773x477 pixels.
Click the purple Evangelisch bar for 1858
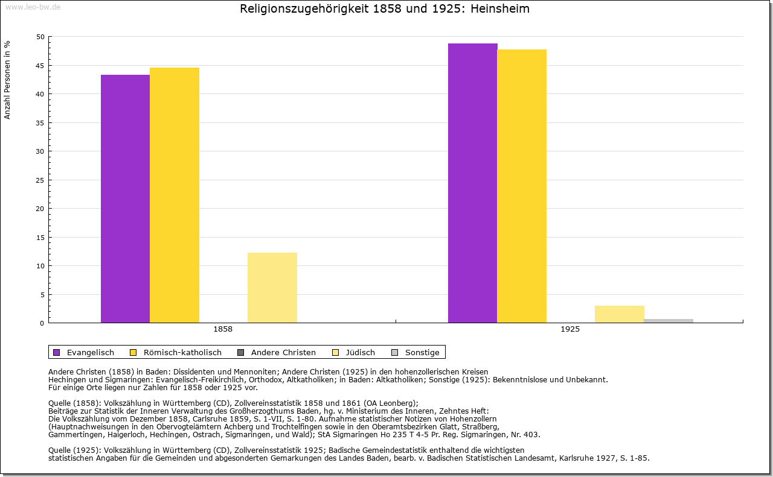(125, 199)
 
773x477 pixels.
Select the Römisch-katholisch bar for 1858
(175, 195)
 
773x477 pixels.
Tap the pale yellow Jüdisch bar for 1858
(272, 288)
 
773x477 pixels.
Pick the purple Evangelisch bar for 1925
(472, 183)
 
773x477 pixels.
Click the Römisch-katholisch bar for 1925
(522, 186)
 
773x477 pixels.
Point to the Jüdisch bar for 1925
(620, 314)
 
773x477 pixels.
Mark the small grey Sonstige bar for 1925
(669, 321)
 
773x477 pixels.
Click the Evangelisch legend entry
(84, 352)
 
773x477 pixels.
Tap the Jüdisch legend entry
(354, 352)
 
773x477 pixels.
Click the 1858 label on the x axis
(223, 330)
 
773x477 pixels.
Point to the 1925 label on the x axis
(570, 330)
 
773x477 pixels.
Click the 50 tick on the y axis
(40, 37)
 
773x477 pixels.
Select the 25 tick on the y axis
(40, 180)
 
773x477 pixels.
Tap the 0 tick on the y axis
(42, 323)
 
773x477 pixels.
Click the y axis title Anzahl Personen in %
(8, 80)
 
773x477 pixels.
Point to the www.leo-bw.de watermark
(33, 7)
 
